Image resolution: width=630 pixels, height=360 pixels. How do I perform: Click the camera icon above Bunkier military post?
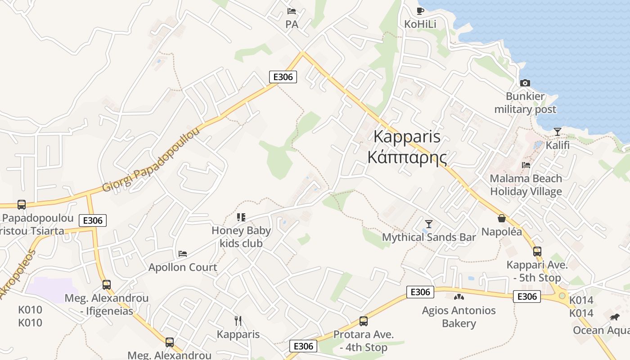[x=525, y=83]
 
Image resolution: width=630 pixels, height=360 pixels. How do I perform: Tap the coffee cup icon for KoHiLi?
[x=420, y=11]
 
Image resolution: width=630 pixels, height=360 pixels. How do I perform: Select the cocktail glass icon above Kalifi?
[x=558, y=132]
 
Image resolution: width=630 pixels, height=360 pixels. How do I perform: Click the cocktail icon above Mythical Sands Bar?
[x=428, y=224]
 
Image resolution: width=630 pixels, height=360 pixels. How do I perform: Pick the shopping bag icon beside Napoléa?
[x=502, y=219]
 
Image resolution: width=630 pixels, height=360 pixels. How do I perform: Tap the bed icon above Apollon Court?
[x=183, y=254]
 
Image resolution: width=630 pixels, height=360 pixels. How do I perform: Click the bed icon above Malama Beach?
[x=526, y=165]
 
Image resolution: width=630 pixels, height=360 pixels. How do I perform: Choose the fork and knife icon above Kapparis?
[x=238, y=321]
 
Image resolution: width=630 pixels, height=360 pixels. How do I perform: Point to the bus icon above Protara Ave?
[x=363, y=321]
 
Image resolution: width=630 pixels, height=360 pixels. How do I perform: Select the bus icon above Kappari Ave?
[x=537, y=252]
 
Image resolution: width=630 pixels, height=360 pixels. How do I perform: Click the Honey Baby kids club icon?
[x=241, y=218]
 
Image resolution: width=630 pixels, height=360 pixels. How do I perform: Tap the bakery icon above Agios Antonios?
[x=459, y=297]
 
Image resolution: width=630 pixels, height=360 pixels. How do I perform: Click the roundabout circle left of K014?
[x=562, y=296]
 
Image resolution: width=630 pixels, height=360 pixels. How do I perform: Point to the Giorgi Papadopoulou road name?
[x=151, y=159]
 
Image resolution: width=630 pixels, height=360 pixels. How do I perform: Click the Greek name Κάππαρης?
[x=407, y=157]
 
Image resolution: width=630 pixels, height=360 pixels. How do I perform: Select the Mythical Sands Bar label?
[x=429, y=237]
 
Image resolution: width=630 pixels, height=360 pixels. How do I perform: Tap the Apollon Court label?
[x=183, y=267]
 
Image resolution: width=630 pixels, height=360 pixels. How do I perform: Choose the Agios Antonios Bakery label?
[x=459, y=317]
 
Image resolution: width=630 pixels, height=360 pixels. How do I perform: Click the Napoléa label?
[x=502, y=232]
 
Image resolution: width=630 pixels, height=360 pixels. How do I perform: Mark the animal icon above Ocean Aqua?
[x=615, y=317]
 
